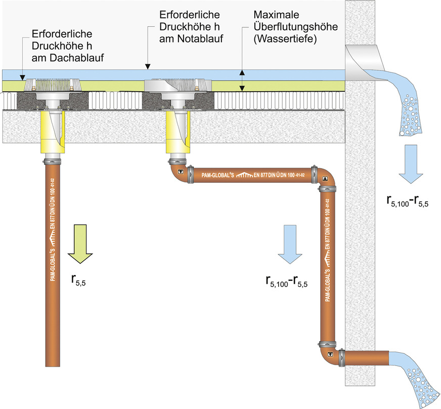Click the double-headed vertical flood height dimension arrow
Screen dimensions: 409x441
(x=242, y=80)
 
